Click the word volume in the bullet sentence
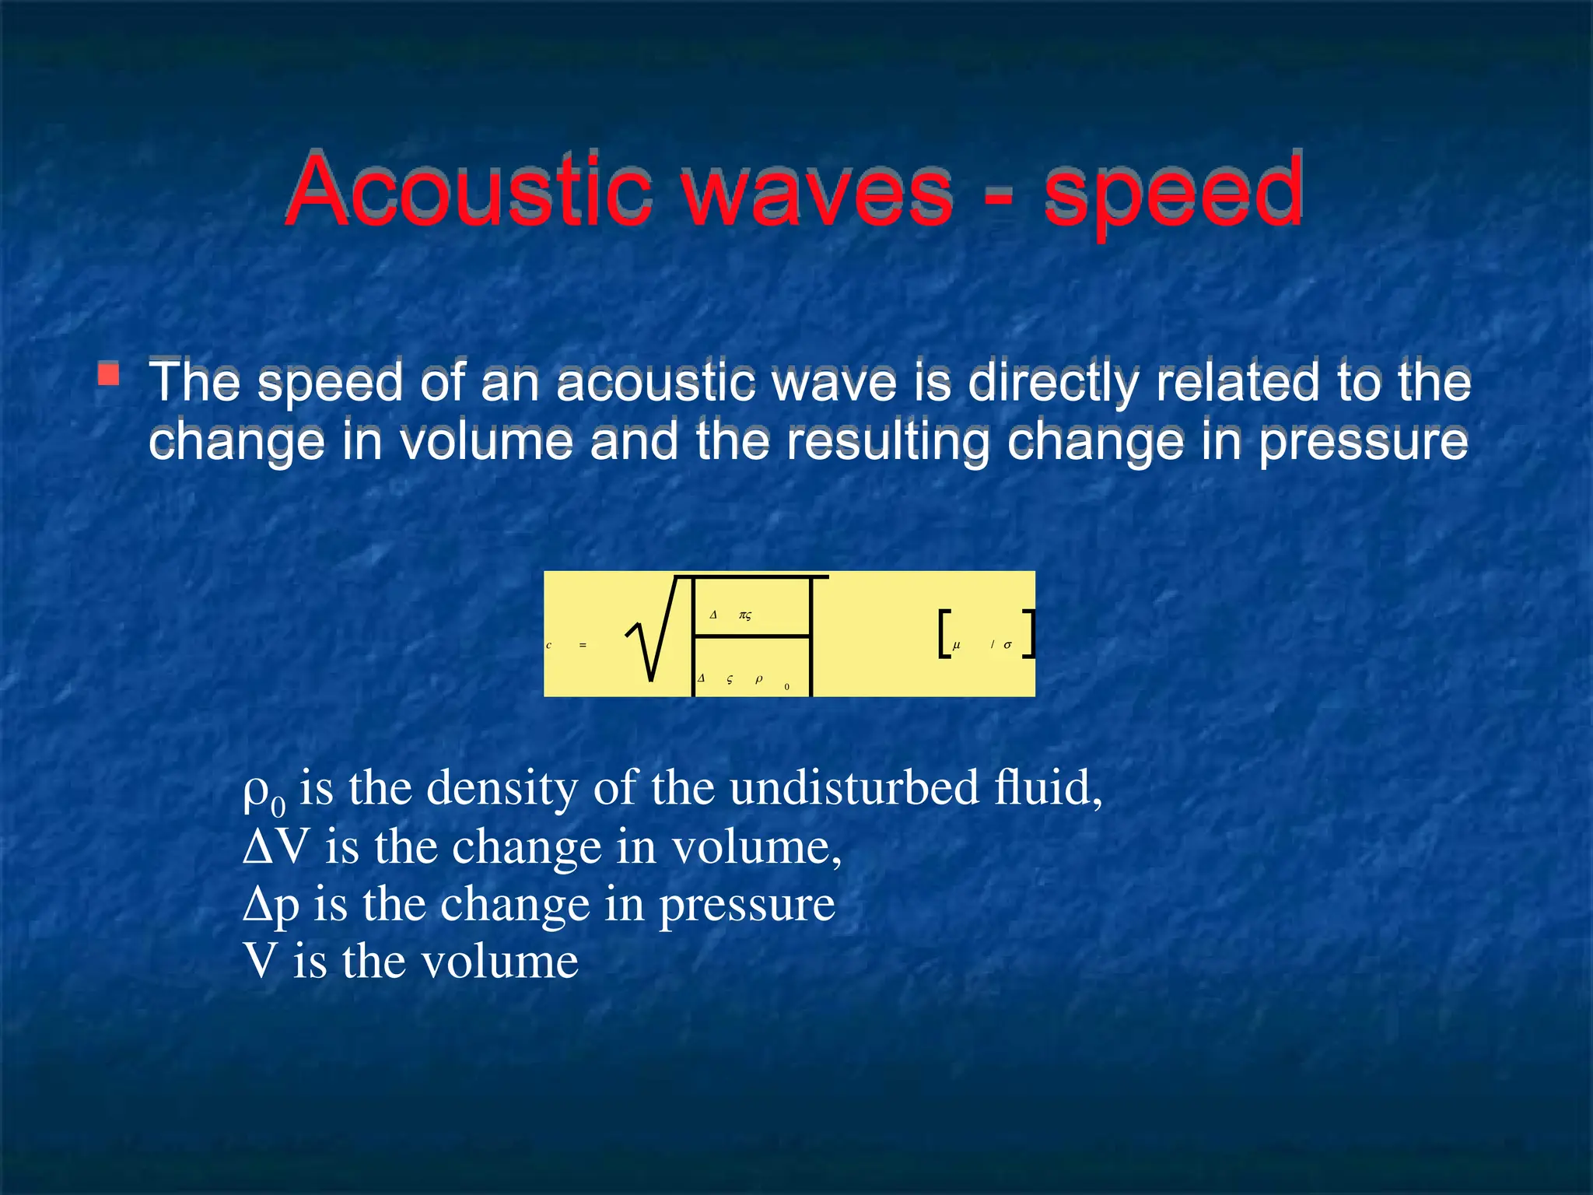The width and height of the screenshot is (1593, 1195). pos(486,441)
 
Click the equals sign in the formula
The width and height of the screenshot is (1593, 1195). pos(583,645)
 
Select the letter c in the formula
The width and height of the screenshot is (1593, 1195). pos(548,645)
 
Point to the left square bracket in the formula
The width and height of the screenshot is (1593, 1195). pos(944,634)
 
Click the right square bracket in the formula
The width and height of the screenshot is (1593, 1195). pos(1029,634)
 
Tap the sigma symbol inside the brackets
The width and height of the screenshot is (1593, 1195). pos(1007,645)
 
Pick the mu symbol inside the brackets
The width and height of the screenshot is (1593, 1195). pos(957,645)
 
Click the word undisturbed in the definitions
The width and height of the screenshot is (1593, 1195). pos(855,787)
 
